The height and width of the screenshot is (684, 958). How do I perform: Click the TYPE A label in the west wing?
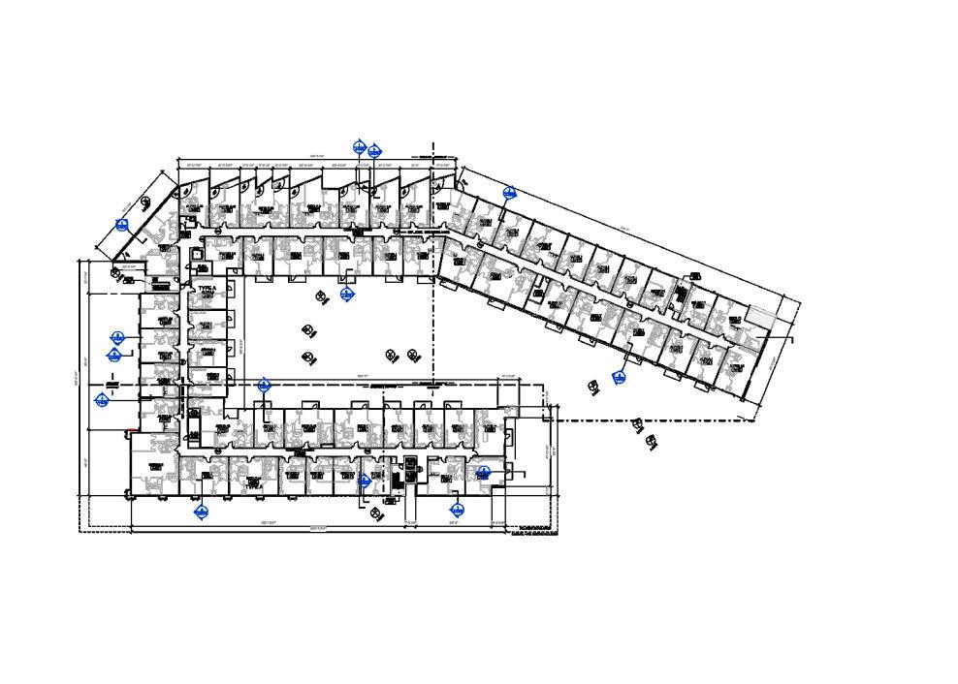coord(207,290)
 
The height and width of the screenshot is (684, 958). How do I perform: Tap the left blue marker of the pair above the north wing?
coord(360,147)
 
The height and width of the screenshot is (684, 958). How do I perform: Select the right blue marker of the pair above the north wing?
coord(374,150)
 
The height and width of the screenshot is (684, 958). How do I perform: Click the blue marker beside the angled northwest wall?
coord(123,226)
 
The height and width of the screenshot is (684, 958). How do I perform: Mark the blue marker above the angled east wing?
coord(508,192)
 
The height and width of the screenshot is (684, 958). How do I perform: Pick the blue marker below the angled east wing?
coord(618,377)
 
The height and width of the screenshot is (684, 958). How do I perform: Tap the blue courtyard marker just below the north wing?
coord(347,293)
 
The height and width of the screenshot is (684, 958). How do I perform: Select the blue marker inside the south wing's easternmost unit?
coord(483,472)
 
